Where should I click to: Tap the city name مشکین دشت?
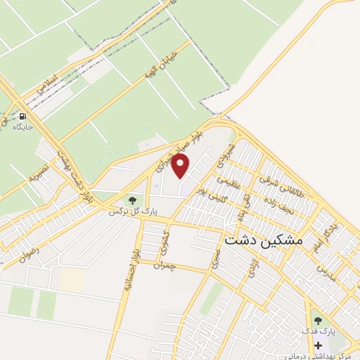263,239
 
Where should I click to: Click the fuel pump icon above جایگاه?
22,117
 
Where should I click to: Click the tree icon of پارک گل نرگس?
132,200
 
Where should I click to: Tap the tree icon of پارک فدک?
318,321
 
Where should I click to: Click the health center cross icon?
318,346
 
